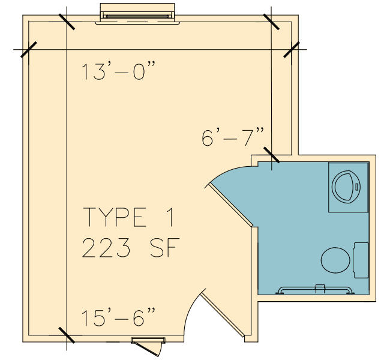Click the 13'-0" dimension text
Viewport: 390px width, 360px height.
point(118,71)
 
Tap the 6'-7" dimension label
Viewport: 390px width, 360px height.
point(233,137)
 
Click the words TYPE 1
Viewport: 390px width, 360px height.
point(128,217)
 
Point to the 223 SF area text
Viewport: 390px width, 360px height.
point(131,248)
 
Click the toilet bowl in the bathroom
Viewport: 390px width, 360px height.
point(335,260)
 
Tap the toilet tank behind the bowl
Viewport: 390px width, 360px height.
point(361,260)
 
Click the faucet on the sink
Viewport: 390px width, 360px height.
point(356,187)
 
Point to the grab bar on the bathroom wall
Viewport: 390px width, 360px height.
point(315,290)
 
